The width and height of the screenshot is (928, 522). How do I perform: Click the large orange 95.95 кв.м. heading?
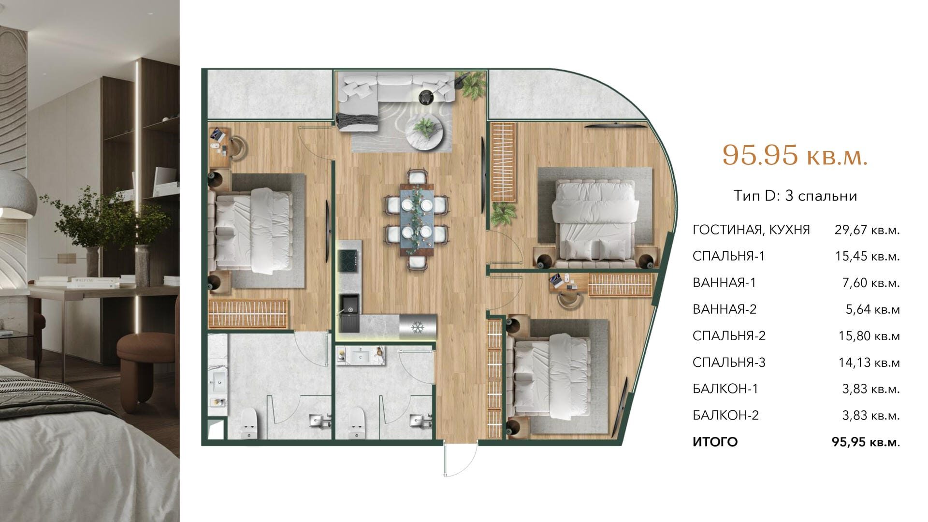coord(795,155)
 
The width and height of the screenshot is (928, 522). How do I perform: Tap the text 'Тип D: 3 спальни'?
coord(795,196)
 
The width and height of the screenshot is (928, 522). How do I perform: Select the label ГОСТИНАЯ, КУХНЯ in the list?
coord(751,230)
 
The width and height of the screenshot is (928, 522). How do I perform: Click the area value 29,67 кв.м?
coord(867,230)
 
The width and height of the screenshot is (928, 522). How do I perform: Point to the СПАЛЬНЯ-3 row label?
coord(729,362)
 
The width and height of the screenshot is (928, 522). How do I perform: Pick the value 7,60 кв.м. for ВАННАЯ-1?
coord(871,283)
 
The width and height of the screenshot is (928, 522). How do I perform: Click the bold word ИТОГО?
coord(715,442)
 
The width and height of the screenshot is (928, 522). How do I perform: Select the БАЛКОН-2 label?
coord(725,415)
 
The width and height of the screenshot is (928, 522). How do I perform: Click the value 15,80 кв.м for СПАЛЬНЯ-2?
coord(869,335)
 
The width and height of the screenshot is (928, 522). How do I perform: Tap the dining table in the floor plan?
coord(417,218)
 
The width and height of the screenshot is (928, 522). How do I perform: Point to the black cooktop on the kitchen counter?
coord(348,261)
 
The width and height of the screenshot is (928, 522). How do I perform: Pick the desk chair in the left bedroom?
coord(237,146)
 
